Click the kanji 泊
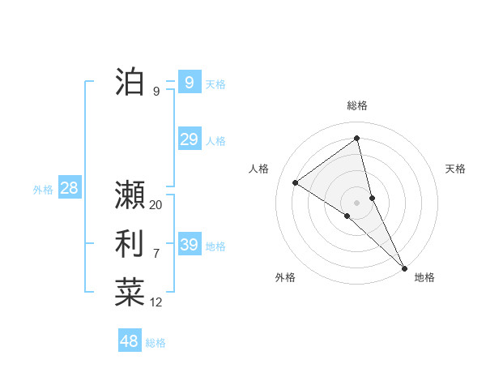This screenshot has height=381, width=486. (x=130, y=82)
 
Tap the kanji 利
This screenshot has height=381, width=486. (x=130, y=244)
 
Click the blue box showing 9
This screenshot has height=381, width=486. (x=189, y=82)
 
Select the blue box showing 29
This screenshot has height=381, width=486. (x=189, y=139)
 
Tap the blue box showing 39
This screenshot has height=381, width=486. (x=189, y=245)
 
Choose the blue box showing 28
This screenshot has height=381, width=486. (x=69, y=188)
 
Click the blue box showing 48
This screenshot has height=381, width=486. (x=129, y=340)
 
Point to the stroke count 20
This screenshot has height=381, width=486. (x=156, y=205)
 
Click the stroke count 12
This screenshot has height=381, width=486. (x=156, y=303)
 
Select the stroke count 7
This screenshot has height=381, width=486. (x=156, y=254)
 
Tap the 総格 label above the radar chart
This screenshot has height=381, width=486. (x=357, y=105)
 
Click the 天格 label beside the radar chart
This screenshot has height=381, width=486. (x=455, y=169)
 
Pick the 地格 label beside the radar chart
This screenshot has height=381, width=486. (x=424, y=277)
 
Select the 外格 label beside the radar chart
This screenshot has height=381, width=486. (x=285, y=277)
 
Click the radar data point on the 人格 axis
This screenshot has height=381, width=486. (x=295, y=182)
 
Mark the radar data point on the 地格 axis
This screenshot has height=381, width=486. (x=404, y=267)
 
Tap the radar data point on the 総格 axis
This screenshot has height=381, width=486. (x=357, y=139)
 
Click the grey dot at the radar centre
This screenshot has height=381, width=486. (x=357, y=202)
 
